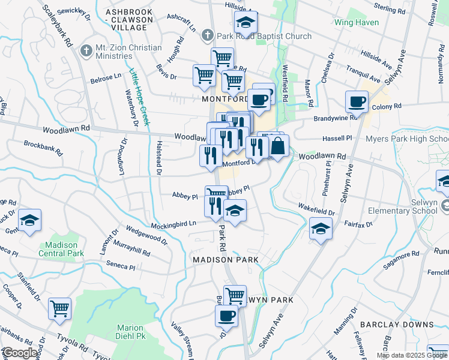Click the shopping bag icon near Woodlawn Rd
[279, 146]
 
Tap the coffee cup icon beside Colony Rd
[358, 102]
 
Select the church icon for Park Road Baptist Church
[208, 36]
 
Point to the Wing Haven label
[357, 23]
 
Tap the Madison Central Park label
[61, 249]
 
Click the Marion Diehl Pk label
[130, 332]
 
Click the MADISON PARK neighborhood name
[226, 259]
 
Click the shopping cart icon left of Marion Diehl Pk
[60, 309]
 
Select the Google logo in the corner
[20, 353]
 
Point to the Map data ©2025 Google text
[411, 355]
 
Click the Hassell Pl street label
[339, 137]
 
